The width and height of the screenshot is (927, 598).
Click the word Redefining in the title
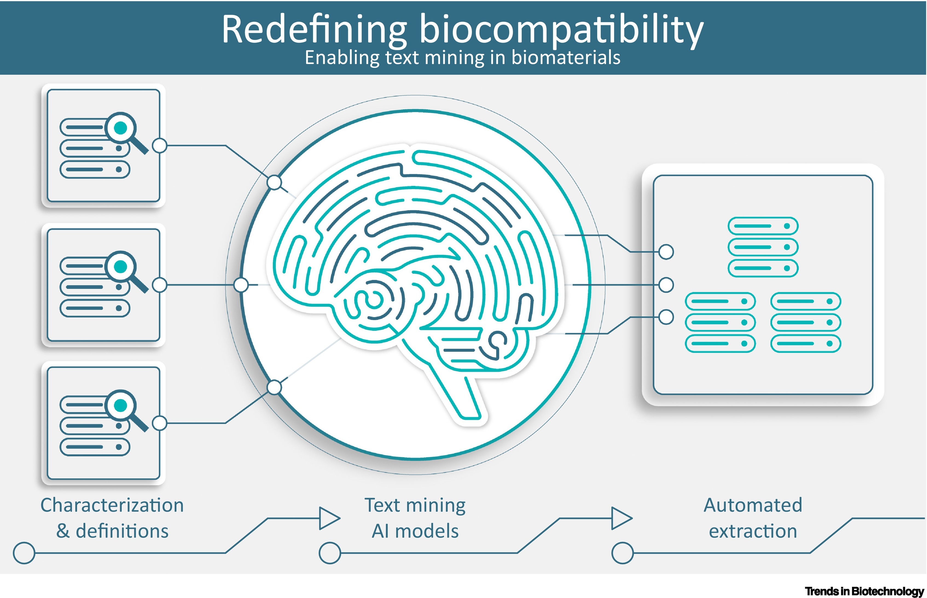(314, 30)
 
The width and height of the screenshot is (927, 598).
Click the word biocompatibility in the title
(561, 30)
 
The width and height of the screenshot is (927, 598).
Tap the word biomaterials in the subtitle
(566, 57)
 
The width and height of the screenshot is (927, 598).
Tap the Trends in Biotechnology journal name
(864, 591)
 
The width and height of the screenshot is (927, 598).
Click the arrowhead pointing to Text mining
(329, 518)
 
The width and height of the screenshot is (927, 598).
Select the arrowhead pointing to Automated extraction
(621, 518)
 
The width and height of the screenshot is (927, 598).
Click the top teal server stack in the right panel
(763, 247)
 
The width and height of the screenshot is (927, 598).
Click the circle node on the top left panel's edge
(159, 146)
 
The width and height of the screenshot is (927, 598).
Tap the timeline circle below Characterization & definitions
(24, 553)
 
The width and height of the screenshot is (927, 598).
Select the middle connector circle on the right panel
(666, 285)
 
